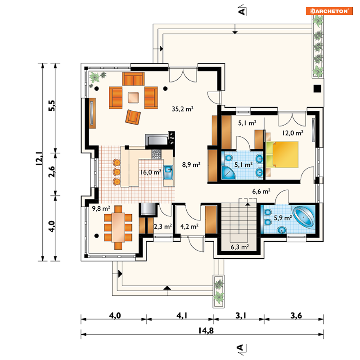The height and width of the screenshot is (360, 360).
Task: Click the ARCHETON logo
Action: pos(329,11)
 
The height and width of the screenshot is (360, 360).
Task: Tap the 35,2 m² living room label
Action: pos(182,109)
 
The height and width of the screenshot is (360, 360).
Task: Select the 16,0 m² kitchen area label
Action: pos(151,172)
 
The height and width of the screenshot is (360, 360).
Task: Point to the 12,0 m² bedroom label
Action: pos(293,133)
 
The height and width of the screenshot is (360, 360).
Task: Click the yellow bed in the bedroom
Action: pos(283,154)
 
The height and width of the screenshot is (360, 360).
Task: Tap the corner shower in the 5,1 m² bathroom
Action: pos(228,173)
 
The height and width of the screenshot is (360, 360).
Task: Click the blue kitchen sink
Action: pos(168,172)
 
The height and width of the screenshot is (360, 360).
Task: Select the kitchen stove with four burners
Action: pos(156,154)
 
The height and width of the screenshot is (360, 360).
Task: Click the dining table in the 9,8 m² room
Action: pos(118,228)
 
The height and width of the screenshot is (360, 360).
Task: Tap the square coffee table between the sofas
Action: pos(134,98)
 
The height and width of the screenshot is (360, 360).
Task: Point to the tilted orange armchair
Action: pos(133,117)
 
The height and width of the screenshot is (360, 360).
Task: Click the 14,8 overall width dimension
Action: pos(206,331)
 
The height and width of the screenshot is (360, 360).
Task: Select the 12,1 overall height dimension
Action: pos(39,158)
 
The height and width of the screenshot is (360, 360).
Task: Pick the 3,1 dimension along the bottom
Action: pos(241,316)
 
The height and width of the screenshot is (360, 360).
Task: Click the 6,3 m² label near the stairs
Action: pos(240,247)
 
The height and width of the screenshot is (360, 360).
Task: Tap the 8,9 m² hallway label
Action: pos(191,165)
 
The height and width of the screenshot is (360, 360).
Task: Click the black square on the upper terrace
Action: pos(318,89)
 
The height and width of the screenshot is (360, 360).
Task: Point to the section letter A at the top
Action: pos(242,11)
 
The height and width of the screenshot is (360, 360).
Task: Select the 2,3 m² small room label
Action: pos(163,226)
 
